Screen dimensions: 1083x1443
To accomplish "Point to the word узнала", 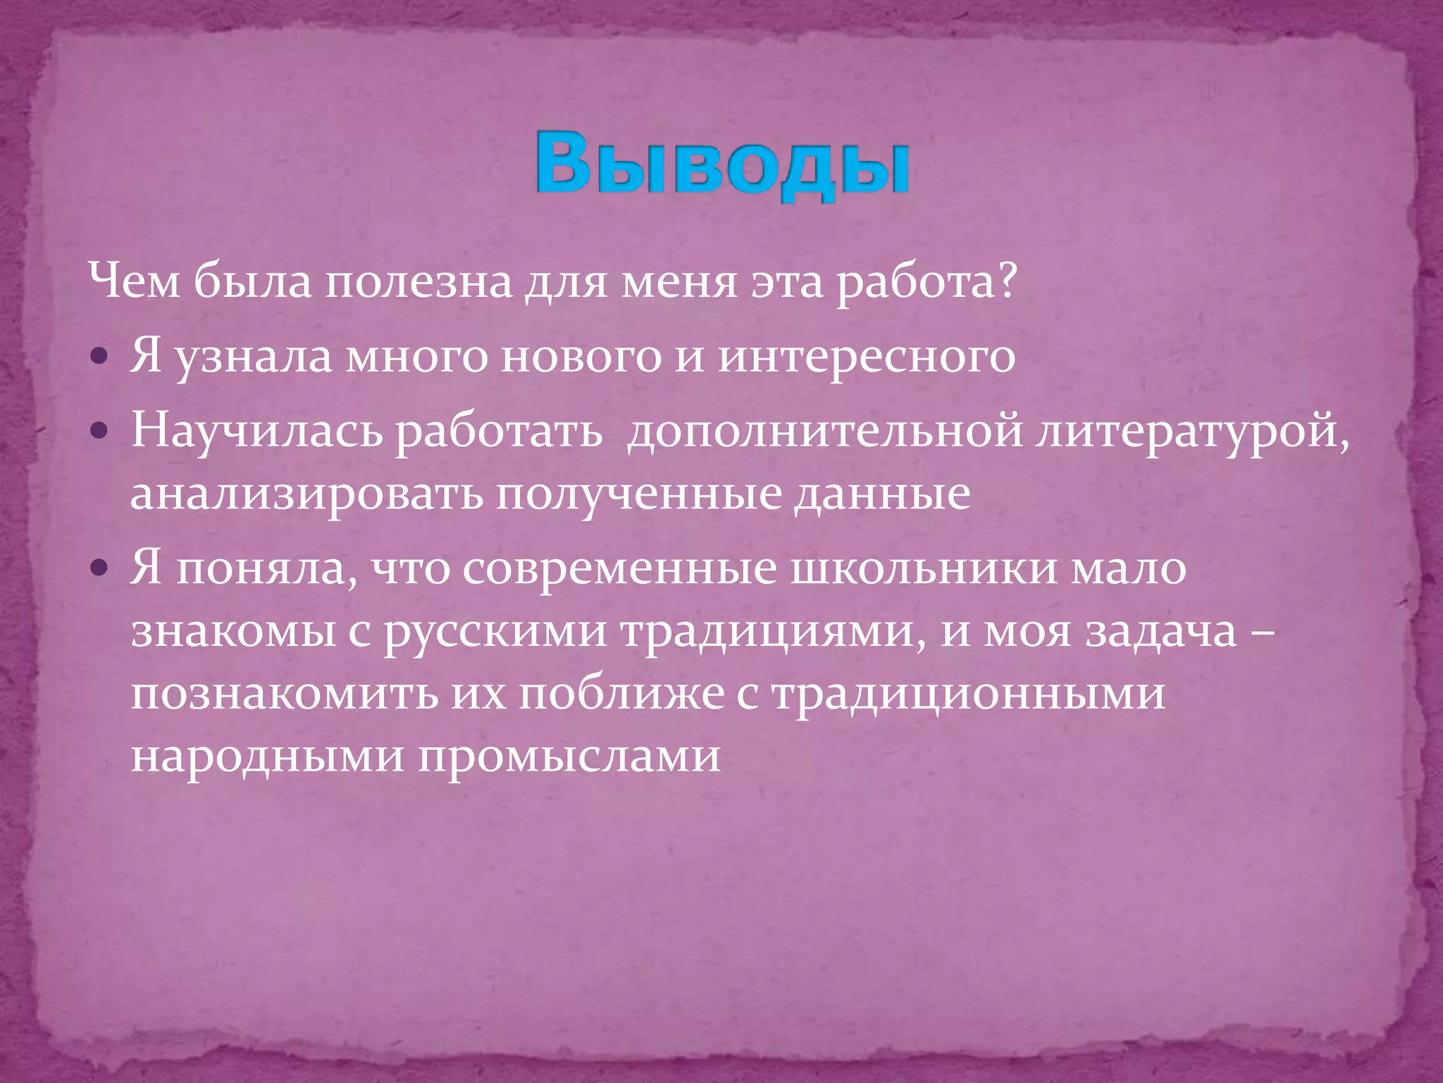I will click(253, 357).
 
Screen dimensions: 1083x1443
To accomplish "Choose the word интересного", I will click(866, 357).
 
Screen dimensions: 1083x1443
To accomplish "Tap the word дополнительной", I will click(824, 432).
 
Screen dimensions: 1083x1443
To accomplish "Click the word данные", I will click(882, 494).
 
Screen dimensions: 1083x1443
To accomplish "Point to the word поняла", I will click(265, 570).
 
